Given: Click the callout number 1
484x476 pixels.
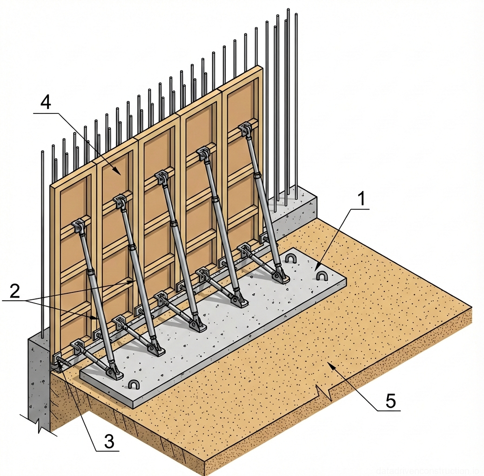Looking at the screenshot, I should click(362, 199).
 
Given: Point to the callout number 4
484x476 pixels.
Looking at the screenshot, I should click(45, 102).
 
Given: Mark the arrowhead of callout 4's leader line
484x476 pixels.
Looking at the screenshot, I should click(122, 175).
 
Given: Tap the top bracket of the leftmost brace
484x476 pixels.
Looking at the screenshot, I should click(79, 227).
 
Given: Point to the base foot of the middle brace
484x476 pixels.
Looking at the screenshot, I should click(199, 325).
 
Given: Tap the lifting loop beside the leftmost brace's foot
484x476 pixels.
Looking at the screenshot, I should click(134, 384).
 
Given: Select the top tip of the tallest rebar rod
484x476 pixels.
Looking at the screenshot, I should click(288, 10).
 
